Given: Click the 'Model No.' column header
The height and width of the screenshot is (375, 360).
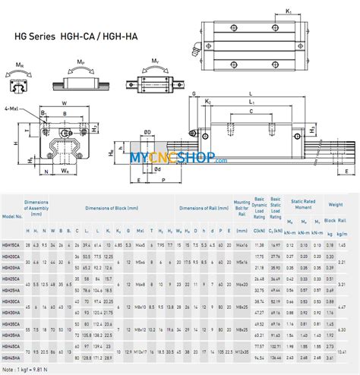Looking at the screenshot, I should (12, 214).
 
